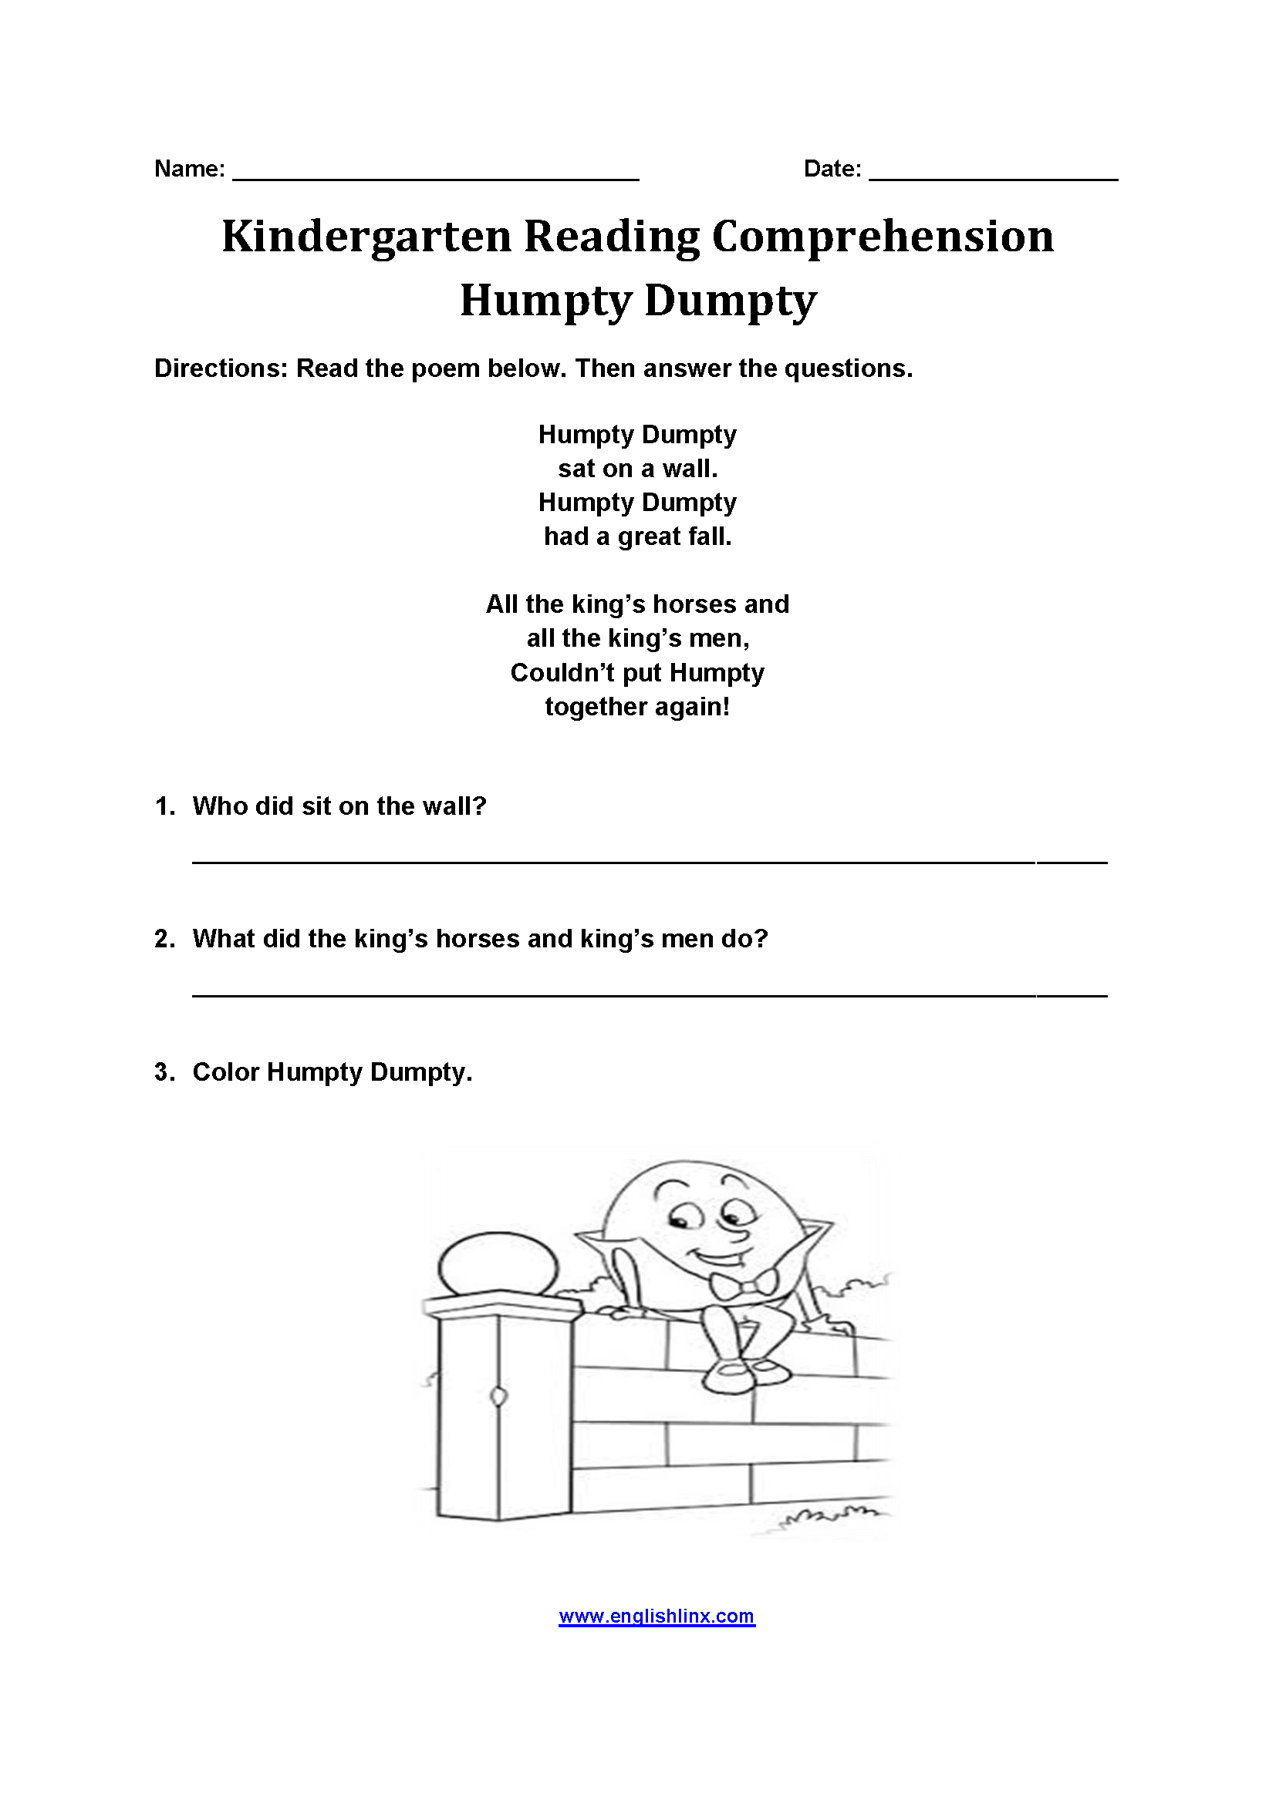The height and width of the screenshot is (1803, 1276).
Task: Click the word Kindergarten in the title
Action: tap(366, 237)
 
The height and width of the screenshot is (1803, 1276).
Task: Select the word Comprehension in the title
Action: tap(883, 237)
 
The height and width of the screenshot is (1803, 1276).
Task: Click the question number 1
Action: tap(164, 806)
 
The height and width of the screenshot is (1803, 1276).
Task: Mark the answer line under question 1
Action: tap(649, 863)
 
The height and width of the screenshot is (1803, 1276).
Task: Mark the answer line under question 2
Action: tap(649, 995)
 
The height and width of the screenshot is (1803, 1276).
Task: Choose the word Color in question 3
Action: tap(225, 1072)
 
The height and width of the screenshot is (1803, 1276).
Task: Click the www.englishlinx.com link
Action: tap(656, 1616)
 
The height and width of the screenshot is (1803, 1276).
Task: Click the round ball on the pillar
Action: tap(498, 1268)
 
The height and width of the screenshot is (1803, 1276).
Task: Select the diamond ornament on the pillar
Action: tap(498, 1397)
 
